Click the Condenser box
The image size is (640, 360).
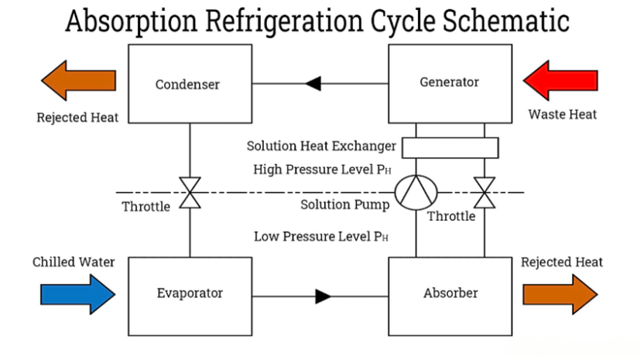[x=190, y=83]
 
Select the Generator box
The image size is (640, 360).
[x=449, y=81]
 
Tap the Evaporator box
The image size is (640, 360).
[x=190, y=294]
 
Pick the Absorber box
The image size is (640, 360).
[x=449, y=294]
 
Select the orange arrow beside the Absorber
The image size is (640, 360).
[x=560, y=294]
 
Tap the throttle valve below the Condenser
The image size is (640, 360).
[x=190, y=192]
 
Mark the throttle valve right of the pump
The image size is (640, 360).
[x=485, y=192]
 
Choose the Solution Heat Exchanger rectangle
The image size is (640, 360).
[x=450, y=146]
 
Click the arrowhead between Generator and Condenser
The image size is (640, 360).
[x=313, y=82]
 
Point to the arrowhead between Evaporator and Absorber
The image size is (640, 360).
[x=323, y=295]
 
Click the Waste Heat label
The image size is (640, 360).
[x=563, y=115]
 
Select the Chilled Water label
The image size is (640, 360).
[x=74, y=262]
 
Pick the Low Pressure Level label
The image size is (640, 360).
[x=320, y=236]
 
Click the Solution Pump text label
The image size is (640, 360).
[x=344, y=204]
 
